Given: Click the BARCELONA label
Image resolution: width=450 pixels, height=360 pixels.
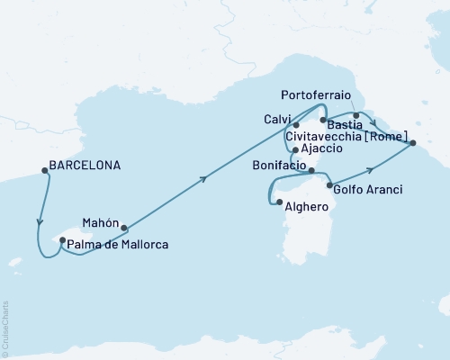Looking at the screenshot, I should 84,166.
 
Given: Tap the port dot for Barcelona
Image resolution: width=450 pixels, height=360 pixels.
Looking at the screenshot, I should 42,166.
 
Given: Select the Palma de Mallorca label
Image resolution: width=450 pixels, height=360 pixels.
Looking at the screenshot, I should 119,244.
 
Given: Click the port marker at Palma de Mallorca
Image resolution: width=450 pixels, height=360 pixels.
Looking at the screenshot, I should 62,240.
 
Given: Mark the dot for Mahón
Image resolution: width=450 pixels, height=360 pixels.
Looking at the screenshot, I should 123,228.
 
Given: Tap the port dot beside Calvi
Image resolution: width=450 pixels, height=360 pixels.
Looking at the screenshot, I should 295,125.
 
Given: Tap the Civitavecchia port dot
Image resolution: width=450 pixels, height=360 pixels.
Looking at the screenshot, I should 413,143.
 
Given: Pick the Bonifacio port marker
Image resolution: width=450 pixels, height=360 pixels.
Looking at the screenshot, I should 310,170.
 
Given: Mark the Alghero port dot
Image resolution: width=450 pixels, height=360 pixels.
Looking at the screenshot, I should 279,202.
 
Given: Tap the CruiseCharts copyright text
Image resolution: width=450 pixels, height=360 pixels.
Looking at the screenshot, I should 5,328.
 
